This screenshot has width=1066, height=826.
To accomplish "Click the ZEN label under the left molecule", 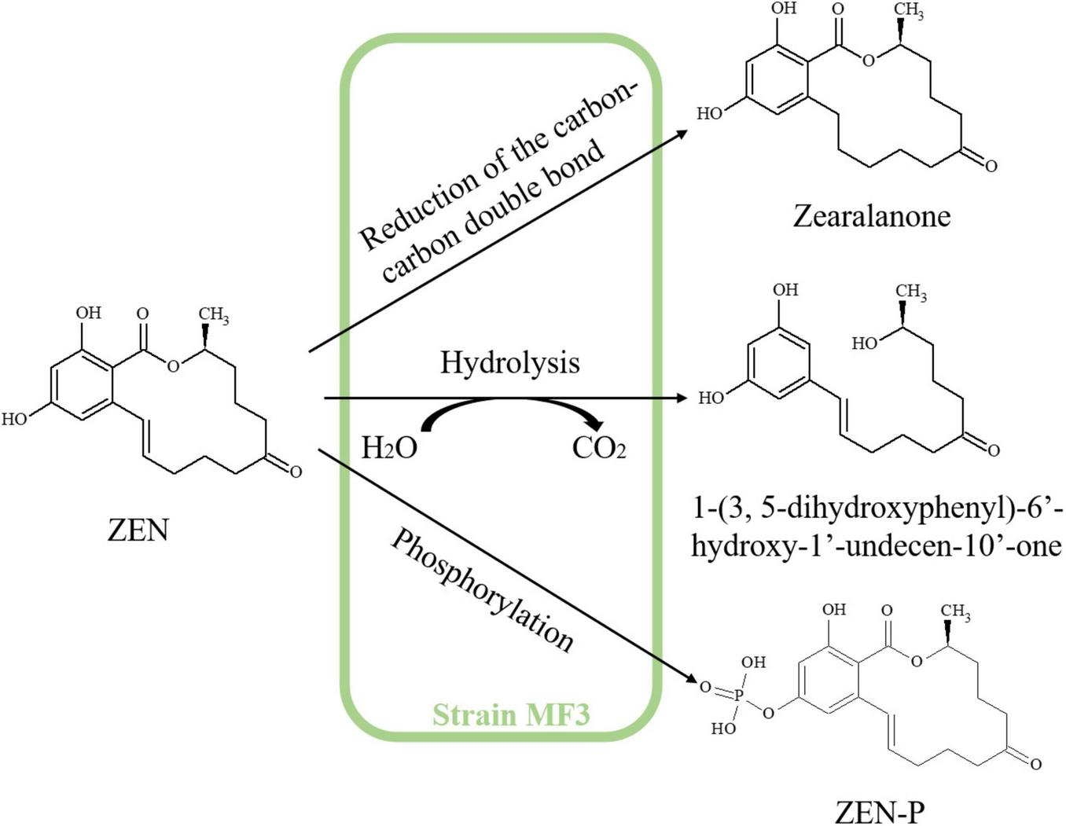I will [x=138, y=530].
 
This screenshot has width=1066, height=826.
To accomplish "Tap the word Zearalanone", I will [x=871, y=215].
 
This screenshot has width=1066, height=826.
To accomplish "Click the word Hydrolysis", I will [x=509, y=362].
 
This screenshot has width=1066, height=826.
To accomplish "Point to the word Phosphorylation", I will [x=481, y=591].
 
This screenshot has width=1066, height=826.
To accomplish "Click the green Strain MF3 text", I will [x=511, y=715].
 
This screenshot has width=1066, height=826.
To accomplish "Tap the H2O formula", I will [x=389, y=448].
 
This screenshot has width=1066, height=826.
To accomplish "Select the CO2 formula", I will [x=599, y=448].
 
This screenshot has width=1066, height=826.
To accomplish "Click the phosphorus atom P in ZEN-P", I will [x=738, y=695].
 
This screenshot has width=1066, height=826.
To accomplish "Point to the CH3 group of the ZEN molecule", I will [x=213, y=316].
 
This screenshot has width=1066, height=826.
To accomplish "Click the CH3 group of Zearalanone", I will [x=908, y=11].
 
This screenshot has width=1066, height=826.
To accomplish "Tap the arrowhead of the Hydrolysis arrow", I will [x=681, y=398].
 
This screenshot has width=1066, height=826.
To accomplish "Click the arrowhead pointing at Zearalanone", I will [x=681, y=130].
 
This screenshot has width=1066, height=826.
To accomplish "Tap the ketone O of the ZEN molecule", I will [x=296, y=472].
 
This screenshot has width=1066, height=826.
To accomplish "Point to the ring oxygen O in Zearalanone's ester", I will [x=868, y=61].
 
